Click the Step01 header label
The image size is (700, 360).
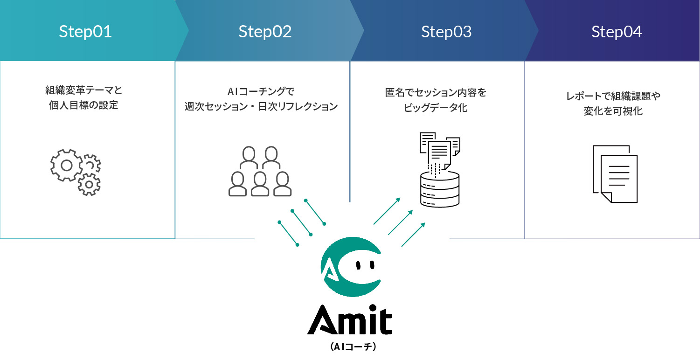point(85,32)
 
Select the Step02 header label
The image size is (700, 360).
point(265,32)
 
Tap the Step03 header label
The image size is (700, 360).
point(446,32)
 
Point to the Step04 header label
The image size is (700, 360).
point(617,32)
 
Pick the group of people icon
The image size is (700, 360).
point(260,171)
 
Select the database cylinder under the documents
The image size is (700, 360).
point(439,189)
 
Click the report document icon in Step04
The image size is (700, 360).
point(615,173)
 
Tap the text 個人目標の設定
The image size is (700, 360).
point(83,105)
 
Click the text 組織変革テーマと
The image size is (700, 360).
point(83,90)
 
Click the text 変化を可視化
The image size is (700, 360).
point(613,111)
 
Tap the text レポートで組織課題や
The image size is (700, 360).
point(613,96)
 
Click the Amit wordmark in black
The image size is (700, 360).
point(349,320)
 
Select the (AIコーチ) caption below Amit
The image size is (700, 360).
point(350,347)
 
